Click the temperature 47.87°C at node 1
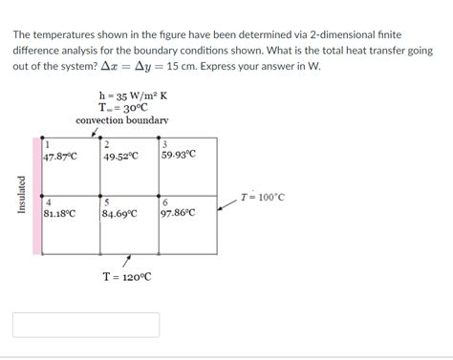[60, 155]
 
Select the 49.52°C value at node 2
[120, 155]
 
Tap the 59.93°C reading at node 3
[180, 155]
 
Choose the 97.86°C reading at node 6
[180, 213]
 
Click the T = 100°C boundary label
[262, 198]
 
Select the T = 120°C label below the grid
[127, 277]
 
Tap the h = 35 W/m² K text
[133, 95]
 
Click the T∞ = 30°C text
[126, 109]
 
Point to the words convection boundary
[121, 121]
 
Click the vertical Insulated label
[22, 195]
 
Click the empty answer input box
[86, 324]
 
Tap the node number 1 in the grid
[48, 143]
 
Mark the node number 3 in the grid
[165, 143]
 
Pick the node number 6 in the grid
[166, 202]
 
